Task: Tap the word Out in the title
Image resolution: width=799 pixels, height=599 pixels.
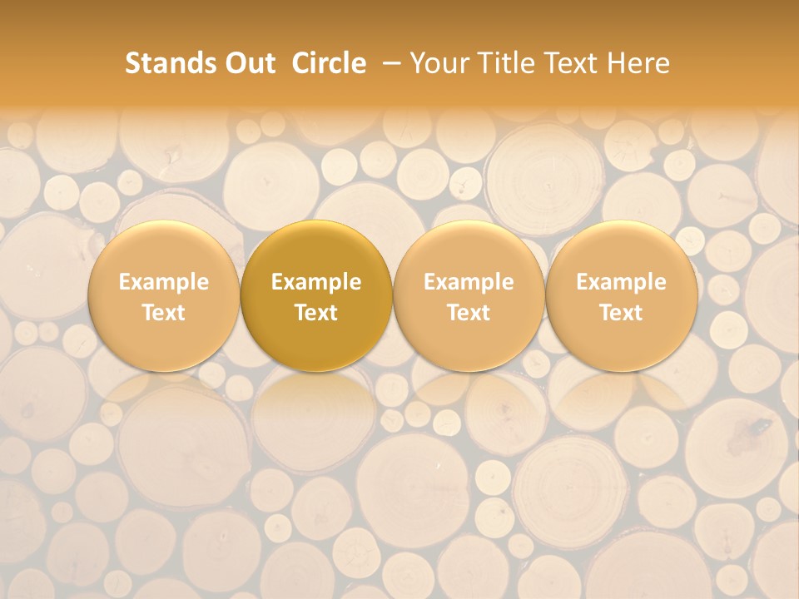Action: point(248,63)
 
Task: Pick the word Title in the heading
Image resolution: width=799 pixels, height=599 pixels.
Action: point(507,63)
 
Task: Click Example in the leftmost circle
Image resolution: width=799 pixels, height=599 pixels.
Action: point(163,282)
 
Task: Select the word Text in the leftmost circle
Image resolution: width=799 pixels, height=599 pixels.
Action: point(163,313)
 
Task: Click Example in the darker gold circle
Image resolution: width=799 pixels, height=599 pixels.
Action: point(316,282)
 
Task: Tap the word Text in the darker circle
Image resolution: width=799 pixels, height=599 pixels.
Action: point(316,313)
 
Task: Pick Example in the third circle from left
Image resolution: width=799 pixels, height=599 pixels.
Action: point(469,282)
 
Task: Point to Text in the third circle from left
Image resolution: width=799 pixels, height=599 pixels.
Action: point(469,313)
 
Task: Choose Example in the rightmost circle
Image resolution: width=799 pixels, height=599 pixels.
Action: point(621,282)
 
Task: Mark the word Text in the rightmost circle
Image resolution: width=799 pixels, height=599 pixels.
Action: point(621,313)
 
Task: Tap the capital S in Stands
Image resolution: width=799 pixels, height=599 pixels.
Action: point(132,63)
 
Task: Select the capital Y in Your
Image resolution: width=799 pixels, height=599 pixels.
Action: point(418,63)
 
